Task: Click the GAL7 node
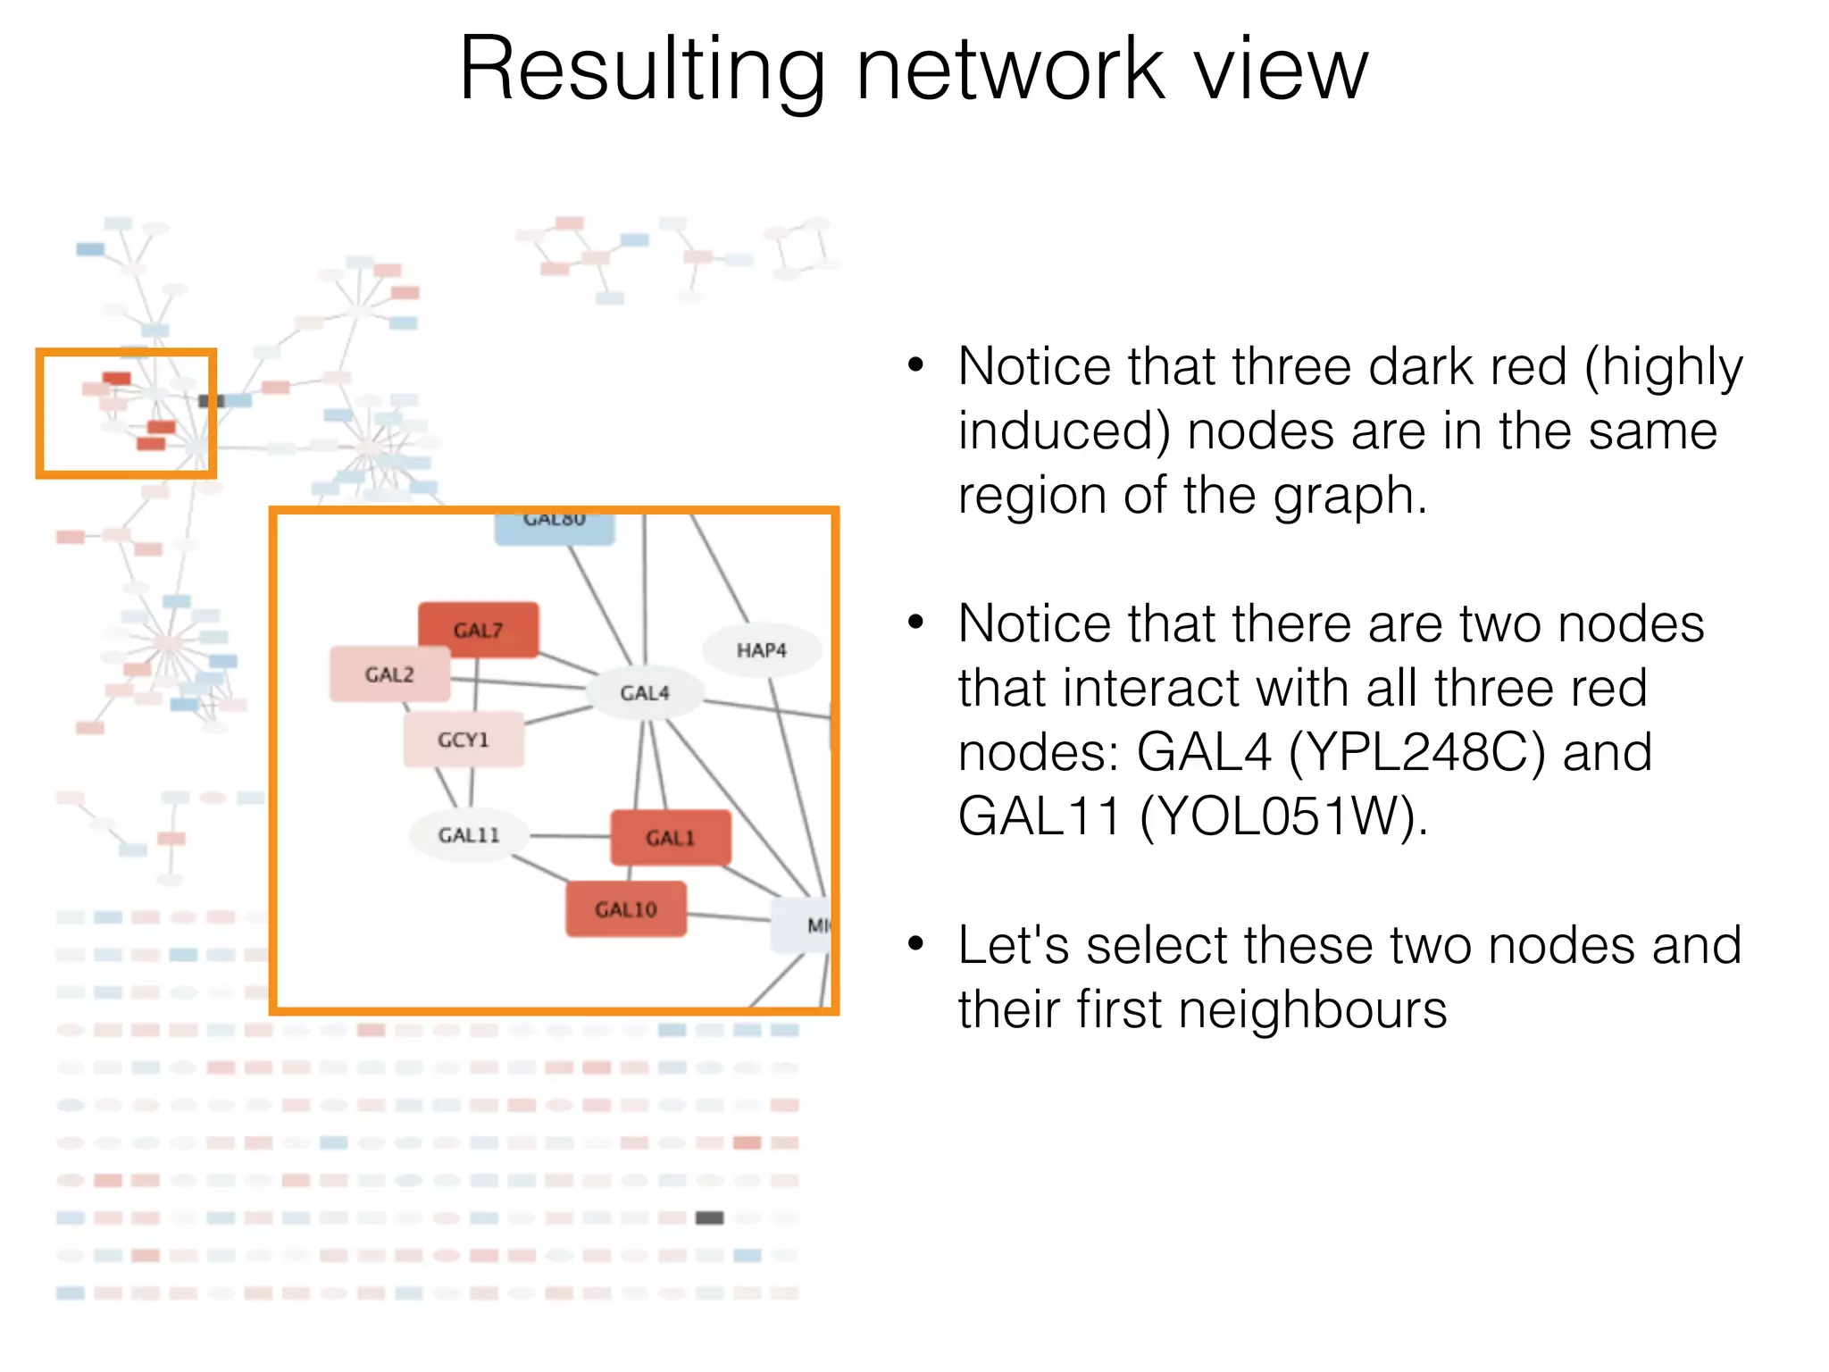click(x=479, y=630)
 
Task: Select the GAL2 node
click(x=389, y=674)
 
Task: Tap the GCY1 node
click(x=464, y=740)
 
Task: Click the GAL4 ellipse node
click(x=644, y=693)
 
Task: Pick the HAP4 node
click(x=761, y=650)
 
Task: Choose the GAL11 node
click(x=468, y=835)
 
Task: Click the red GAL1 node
click(x=670, y=838)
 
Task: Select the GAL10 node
click(x=625, y=909)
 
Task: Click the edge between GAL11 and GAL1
click(x=570, y=837)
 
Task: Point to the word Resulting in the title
click(x=641, y=71)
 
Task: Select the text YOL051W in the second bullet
click(x=1278, y=816)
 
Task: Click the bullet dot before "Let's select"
click(x=914, y=944)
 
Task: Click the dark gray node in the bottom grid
click(x=709, y=1217)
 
